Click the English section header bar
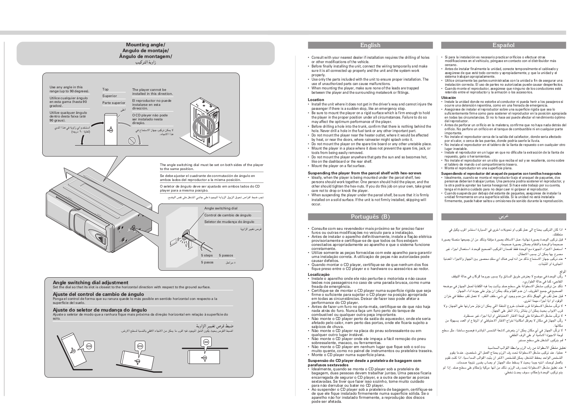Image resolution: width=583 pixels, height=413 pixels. tap(370, 45)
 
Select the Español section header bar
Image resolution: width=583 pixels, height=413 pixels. tap(503, 45)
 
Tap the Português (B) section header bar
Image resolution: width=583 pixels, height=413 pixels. tap(370, 217)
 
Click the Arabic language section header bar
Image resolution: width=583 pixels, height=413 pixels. tap(503, 217)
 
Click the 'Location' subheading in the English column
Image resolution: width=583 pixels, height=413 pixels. tap(316, 100)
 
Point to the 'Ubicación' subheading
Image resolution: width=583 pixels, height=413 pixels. tap(449, 98)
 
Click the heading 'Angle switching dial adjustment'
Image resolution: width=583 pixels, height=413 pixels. tap(90, 282)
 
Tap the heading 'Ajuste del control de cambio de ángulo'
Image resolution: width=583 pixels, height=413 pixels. tap(98, 294)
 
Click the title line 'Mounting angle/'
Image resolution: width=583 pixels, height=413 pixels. tap(145, 45)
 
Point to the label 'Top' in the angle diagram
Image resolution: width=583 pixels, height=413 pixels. tap(105, 89)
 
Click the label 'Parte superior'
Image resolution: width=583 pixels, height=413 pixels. tap(113, 103)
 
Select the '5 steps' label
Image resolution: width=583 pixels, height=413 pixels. tap(207, 255)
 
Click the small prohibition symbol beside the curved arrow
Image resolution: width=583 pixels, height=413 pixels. tap(132, 141)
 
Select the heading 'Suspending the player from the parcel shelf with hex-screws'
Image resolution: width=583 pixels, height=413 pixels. tap(364, 173)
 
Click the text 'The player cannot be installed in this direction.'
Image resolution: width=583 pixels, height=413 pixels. tap(152, 92)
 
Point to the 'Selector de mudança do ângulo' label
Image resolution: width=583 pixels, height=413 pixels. tap(229, 222)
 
